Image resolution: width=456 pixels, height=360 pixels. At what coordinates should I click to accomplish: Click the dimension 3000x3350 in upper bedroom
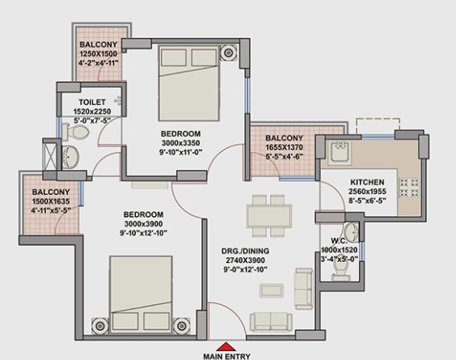coord(181,142)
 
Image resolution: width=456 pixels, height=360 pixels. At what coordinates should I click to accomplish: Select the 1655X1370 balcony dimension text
coord(285,148)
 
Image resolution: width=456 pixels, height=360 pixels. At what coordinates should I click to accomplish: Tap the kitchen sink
coord(340,149)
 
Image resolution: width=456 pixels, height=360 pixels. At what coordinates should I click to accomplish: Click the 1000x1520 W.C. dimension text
coord(340,250)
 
